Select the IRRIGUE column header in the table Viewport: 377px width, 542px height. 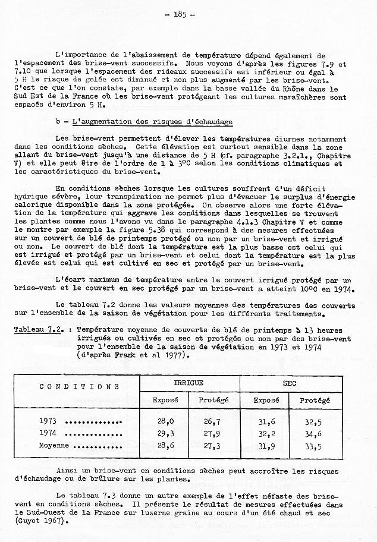[x=188, y=384]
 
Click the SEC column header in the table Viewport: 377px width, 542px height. [x=290, y=384]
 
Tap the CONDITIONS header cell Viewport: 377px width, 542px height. [x=80, y=387]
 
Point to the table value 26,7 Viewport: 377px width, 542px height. [x=212, y=421]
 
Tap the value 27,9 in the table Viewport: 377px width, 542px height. [x=212, y=433]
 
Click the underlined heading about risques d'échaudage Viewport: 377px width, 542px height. [x=153, y=121]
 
